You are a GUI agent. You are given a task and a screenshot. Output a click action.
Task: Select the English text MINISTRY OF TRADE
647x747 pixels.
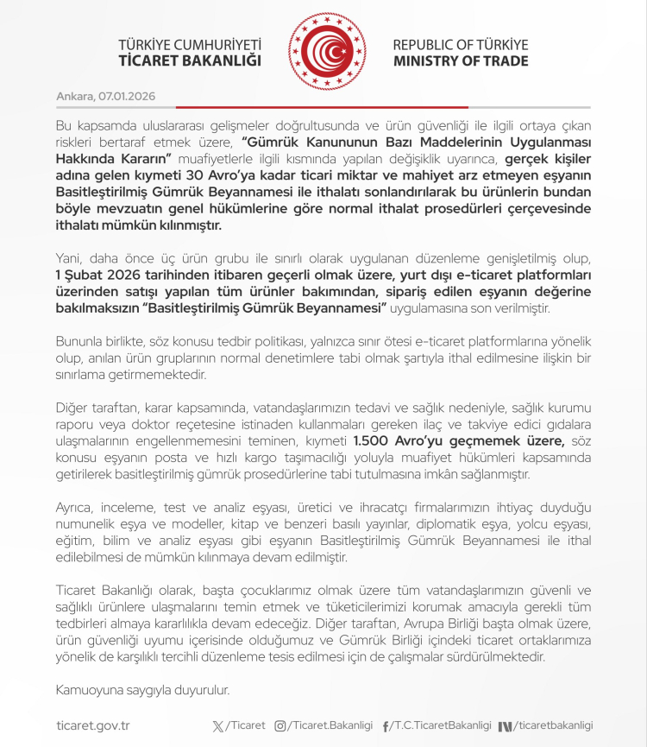(461, 61)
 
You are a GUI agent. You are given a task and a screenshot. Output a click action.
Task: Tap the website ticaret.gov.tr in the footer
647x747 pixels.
(92, 725)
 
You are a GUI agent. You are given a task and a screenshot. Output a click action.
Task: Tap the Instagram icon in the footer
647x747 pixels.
(280, 725)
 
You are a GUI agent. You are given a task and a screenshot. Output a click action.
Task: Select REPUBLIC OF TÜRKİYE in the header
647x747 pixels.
(461, 44)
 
